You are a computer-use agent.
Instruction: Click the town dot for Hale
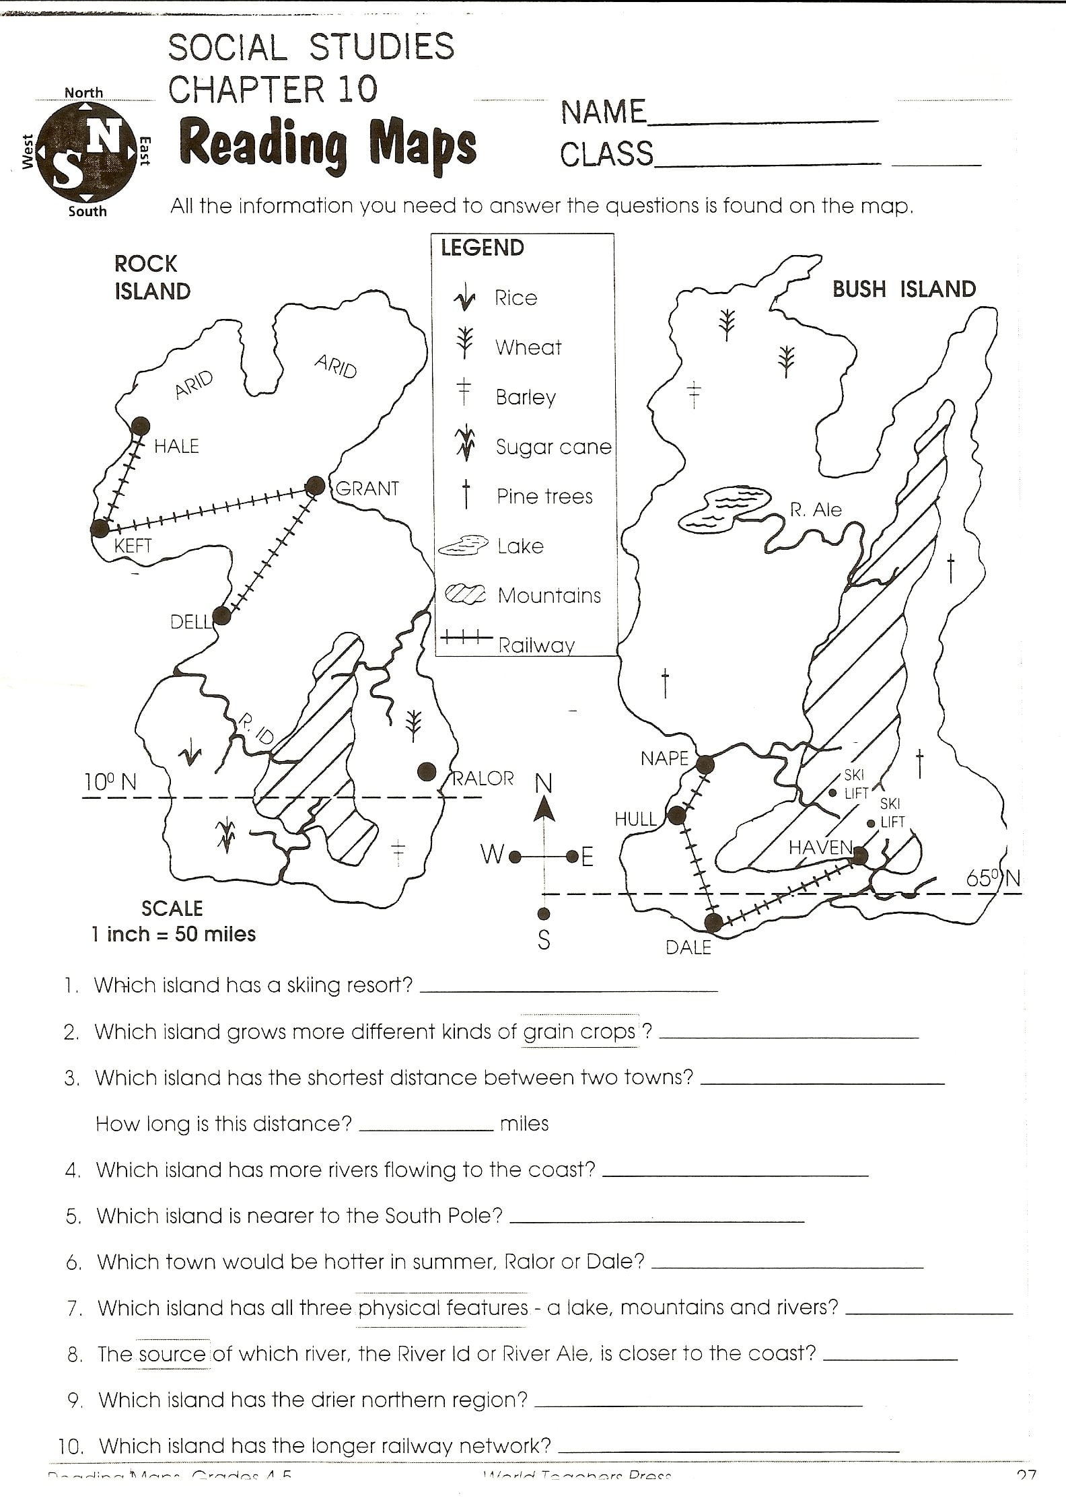pos(141,425)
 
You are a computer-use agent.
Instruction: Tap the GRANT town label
pos(367,489)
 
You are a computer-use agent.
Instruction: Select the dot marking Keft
pos(100,528)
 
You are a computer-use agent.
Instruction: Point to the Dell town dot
pos(221,616)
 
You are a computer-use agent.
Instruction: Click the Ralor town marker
pos(426,772)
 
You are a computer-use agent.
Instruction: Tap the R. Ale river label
pos(816,510)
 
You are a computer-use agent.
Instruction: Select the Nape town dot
pos(705,764)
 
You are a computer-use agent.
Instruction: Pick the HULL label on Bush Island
pos(635,819)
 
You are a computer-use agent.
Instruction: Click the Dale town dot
pos(713,923)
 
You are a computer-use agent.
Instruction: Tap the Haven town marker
pos(861,855)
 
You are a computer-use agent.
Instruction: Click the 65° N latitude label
pos(993,879)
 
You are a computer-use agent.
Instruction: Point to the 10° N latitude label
pos(110,782)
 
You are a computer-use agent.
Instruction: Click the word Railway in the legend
pos(536,646)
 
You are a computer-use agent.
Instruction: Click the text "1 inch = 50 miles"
pos(174,934)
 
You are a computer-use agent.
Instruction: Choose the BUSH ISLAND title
pos(904,289)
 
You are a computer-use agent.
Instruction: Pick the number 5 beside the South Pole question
pos(73,1217)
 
